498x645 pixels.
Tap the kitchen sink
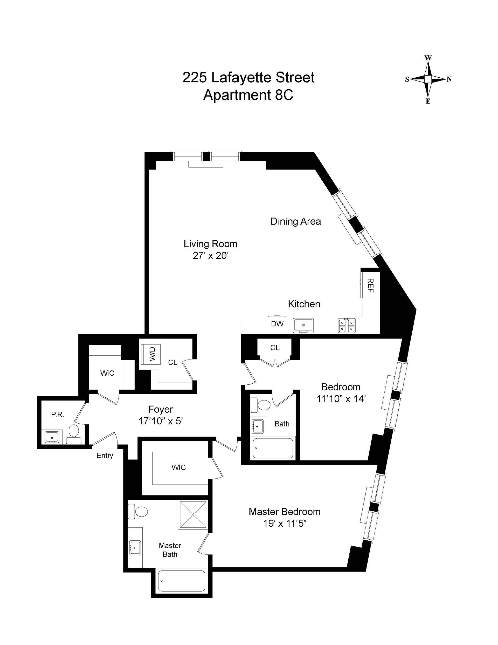point(303,325)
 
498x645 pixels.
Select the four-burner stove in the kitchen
point(347,325)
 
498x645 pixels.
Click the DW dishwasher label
point(277,324)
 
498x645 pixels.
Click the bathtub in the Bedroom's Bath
point(273,448)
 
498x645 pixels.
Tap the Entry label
point(105,456)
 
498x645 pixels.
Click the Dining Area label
point(295,221)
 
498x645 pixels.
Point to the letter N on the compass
point(449,79)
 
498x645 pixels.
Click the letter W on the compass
point(428,58)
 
